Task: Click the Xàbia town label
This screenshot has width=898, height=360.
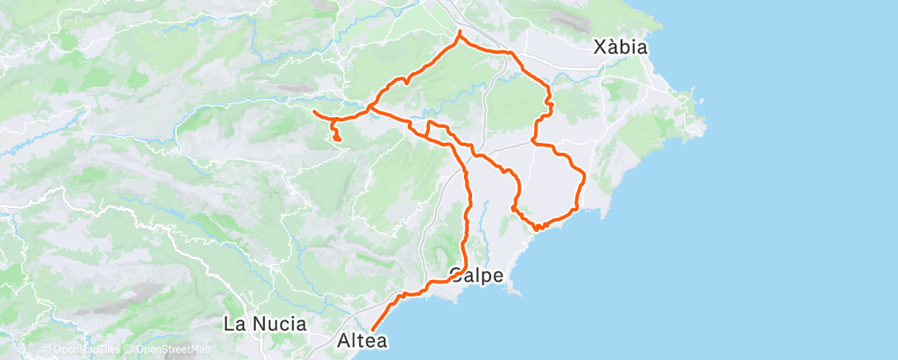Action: (x=621, y=48)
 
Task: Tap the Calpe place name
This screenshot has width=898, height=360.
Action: (x=476, y=275)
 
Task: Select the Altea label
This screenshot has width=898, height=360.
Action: (x=362, y=339)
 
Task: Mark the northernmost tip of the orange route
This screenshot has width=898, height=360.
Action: (x=459, y=31)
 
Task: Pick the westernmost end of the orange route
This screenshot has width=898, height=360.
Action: (x=314, y=111)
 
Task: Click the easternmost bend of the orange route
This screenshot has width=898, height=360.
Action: (x=584, y=175)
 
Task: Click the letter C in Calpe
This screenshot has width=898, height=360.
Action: (x=456, y=275)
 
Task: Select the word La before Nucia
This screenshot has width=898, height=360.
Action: (x=234, y=324)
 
